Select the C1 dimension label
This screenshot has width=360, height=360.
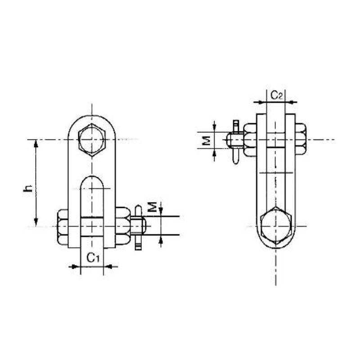[x=92, y=257]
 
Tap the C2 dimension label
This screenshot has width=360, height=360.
[x=276, y=94]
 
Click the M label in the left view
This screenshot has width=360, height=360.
[x=153, y=207]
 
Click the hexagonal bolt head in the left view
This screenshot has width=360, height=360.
[x=92, y=139]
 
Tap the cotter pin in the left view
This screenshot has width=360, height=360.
[x=139, y=227]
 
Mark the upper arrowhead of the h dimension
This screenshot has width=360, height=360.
[x=36, y=143]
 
